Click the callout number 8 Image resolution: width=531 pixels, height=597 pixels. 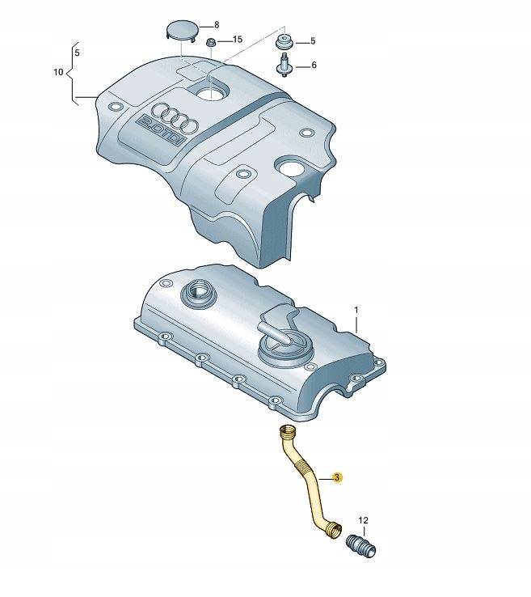217,25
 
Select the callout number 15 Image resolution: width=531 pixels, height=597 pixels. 238,40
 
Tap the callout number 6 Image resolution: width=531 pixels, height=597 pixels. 314,66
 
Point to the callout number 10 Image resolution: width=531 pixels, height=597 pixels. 58,72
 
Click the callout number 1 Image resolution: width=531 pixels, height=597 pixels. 356,311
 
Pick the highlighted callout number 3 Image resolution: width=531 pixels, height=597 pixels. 337,477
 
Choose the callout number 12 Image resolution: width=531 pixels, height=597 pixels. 363,520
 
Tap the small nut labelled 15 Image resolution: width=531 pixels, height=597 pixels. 210,42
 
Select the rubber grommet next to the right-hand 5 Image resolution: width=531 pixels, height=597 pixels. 284,41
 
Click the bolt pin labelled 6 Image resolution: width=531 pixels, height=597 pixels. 284,66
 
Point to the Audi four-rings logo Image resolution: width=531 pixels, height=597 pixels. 175,116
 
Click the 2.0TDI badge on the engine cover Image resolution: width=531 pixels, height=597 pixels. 162,129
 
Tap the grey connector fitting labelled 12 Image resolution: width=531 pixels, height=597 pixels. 361,546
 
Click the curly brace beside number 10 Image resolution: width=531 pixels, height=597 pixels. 71,73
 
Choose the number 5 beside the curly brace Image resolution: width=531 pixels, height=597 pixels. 78,53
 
